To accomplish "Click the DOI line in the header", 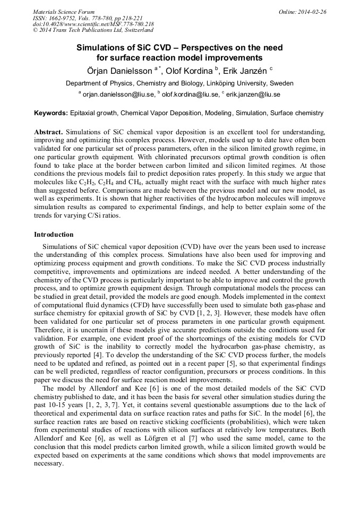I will coord(93,24).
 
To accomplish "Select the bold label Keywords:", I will coord(51,113).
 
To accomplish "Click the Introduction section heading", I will coord(54,234).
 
